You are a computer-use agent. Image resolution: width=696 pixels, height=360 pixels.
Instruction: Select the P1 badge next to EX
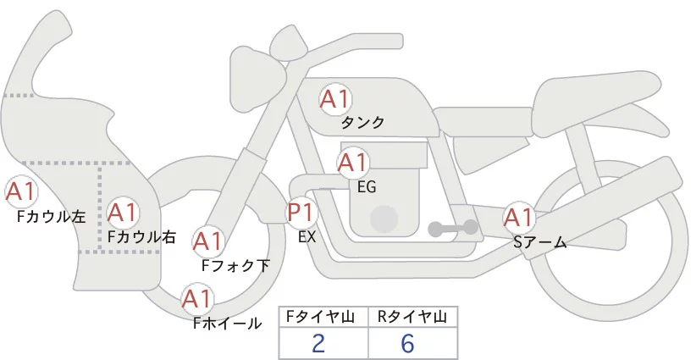(302, 212)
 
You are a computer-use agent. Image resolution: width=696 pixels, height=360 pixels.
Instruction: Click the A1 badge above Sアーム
(518, 218)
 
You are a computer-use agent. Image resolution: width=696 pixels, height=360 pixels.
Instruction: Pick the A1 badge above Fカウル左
(20, 191)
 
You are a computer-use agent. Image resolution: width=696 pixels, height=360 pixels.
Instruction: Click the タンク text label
(362, 123)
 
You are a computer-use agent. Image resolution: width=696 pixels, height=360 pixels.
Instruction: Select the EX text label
(307, 237)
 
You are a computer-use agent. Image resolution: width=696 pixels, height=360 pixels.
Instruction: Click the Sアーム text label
(539, 243)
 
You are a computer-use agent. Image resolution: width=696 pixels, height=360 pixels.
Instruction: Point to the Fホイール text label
(227, 323)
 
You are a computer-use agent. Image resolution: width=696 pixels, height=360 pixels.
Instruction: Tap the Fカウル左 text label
(51, 217)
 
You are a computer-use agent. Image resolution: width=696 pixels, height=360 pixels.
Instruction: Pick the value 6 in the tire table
(410, 343)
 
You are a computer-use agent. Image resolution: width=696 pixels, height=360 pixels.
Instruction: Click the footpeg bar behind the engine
(452, 227)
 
